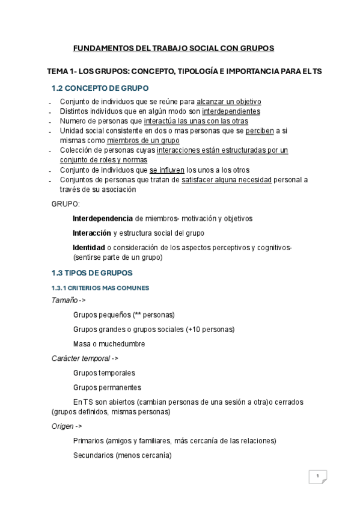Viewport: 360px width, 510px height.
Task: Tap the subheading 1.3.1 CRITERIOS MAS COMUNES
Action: (100, 288)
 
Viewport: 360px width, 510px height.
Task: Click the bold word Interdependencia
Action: (103, 218)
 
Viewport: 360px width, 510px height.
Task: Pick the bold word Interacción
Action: (91, 233)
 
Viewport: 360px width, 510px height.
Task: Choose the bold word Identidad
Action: (89, 247)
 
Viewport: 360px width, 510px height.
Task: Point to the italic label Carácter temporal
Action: (81, 358)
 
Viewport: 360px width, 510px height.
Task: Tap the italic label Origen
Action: (63, 426)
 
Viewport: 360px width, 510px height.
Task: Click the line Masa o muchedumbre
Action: (109, 344)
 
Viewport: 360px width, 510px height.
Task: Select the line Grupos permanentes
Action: (107, 387)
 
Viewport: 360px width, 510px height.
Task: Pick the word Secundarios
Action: (93, 455)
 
